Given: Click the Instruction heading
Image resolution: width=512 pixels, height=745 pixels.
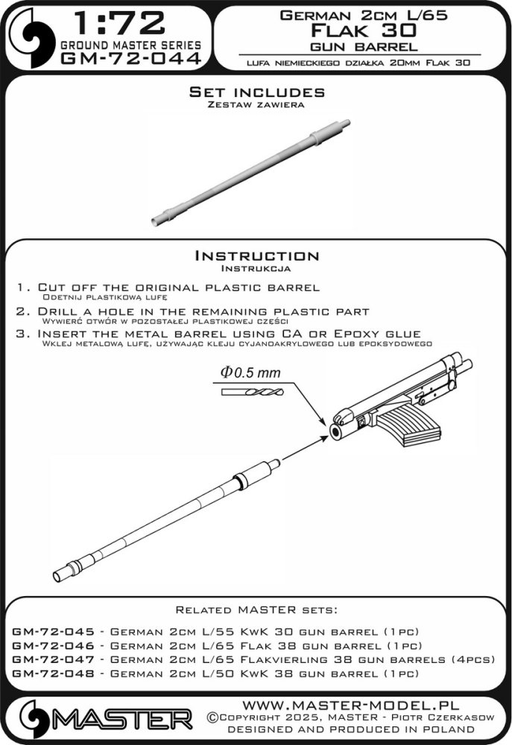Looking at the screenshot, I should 256,256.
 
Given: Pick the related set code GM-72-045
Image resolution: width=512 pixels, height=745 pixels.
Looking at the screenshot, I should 55,630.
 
